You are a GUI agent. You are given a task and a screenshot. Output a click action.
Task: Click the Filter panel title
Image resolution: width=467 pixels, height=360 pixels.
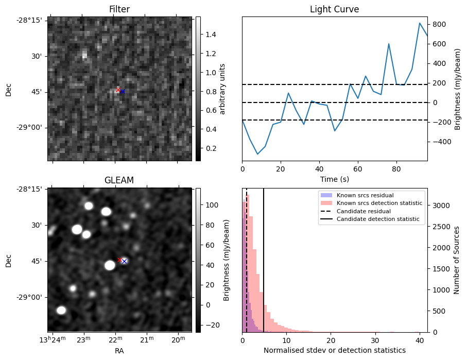coord(119,9)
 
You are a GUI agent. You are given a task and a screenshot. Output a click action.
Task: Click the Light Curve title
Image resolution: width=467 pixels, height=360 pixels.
coord(334,9)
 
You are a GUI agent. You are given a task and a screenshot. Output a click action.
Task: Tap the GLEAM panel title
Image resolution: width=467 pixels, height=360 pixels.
coord(119,180)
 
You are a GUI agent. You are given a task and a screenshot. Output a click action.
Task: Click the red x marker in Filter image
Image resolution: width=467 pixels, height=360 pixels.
coord(118,90)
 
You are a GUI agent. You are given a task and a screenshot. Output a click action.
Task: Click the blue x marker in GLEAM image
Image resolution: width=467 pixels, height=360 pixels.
coord(124,261)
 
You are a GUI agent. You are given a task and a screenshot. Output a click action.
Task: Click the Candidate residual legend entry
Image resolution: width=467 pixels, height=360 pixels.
coord(363,211)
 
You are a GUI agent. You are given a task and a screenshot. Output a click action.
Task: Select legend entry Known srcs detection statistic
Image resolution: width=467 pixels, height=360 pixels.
coord(379,203)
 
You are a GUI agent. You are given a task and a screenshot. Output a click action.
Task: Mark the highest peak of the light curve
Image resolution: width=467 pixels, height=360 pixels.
coord(420,23)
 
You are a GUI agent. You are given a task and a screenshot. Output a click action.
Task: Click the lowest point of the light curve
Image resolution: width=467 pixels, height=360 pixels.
coord(257,154)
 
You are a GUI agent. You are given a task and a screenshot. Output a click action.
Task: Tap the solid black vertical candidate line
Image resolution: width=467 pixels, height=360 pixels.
coord(264,268)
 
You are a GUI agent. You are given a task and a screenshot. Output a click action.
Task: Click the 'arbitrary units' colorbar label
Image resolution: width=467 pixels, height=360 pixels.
coord(222,89)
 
